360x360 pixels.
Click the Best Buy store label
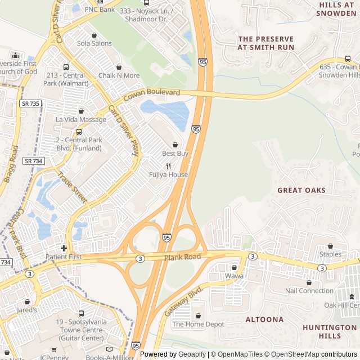coord(175,154)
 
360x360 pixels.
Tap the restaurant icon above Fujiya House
coord(168,166)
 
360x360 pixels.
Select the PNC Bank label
coord(99,10)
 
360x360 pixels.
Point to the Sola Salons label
coord(94,43)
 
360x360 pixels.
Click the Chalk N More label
coord(119,75)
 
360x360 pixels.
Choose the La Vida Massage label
coord(81,120)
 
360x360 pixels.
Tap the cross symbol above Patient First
coord(64,248)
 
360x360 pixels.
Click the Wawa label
coord(234,276)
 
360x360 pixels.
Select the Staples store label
coord(330,254)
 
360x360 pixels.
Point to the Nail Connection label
coord(309,291)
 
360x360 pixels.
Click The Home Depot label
coord(198,324)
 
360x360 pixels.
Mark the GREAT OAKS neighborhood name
coord(301,190)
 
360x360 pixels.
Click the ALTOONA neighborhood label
coord(264,319)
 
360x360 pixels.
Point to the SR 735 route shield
coord(31,103)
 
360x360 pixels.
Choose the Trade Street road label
coord(72,188)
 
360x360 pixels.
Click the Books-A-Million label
coord(110,356)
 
